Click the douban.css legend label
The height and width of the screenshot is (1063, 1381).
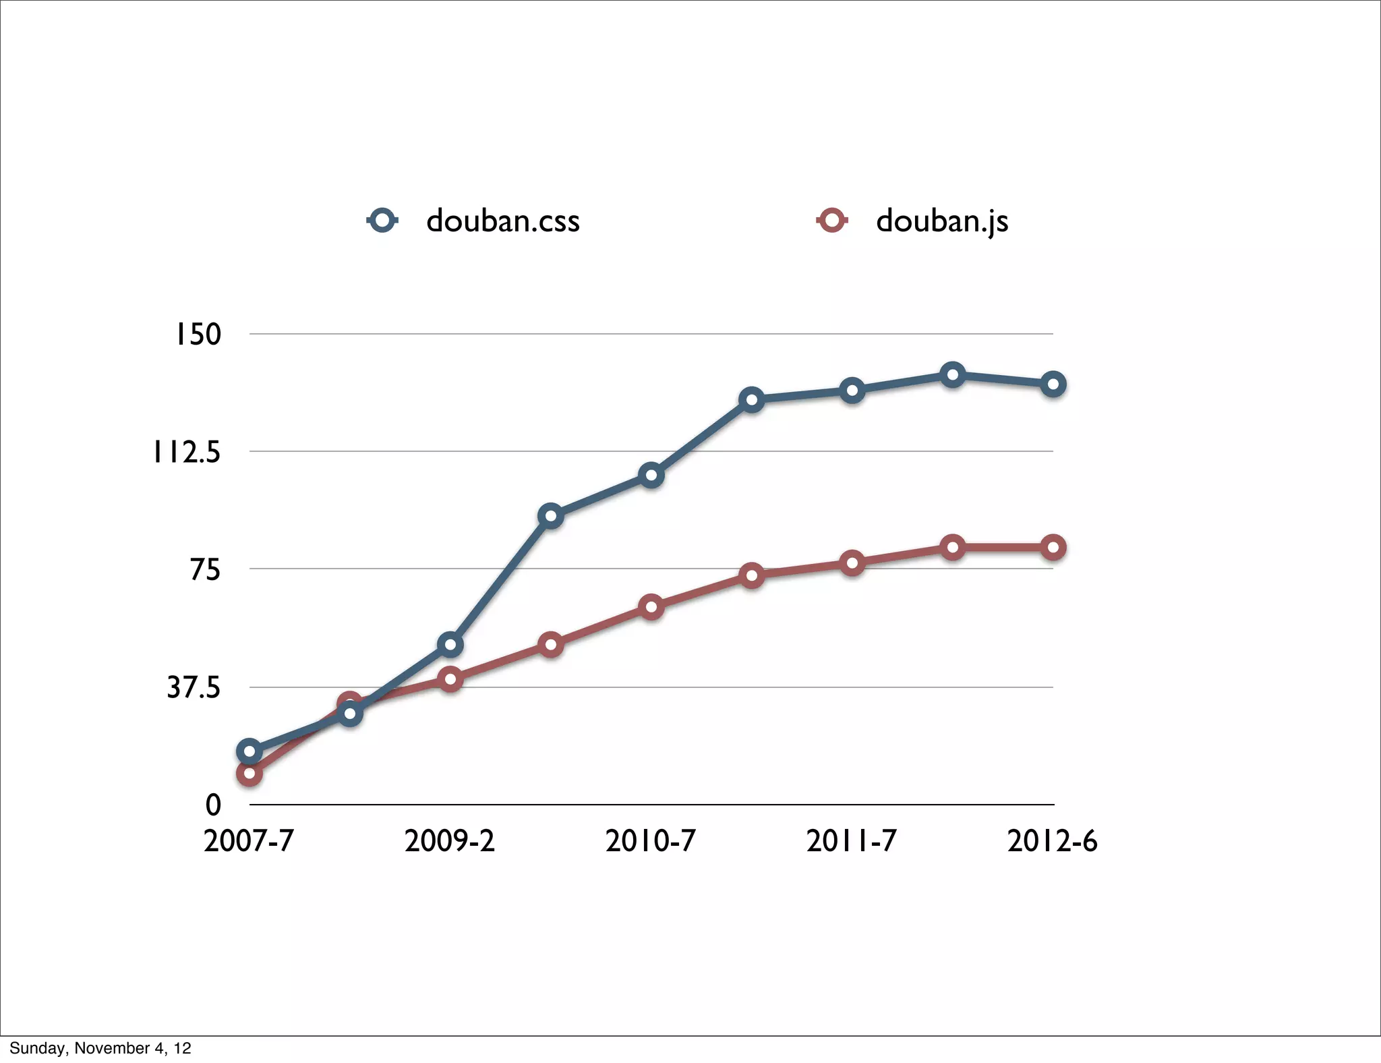point(502,221)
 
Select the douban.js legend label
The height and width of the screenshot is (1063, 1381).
point(942,221)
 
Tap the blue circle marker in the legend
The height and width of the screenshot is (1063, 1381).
point(383,221)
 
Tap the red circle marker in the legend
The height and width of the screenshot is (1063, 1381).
point(832,221)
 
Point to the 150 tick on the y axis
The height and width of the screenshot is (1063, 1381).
point(198,334)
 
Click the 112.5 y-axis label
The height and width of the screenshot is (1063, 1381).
point(187,452)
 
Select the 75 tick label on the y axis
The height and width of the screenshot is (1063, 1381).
point(205,570)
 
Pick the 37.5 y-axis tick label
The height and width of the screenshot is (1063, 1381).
point(194,688)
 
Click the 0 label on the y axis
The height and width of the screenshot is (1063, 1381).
point(213,805)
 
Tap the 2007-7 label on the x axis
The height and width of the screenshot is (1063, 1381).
point(249,841)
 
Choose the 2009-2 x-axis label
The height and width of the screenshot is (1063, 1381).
point(450,841)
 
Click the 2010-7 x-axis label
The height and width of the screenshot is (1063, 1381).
point(651,841)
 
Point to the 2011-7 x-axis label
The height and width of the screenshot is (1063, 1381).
point(852,841)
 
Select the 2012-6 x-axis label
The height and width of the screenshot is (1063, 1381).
point(1053,841)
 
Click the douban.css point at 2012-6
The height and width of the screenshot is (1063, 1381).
point(1053,384)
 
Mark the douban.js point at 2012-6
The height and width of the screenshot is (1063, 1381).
point(1053,547)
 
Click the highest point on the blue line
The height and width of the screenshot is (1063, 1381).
point(952,374)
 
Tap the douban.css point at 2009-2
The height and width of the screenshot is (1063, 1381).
point(450,645)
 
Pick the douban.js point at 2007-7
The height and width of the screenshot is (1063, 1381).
point(249,773)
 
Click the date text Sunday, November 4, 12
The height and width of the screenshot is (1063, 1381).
point(100,1048)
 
